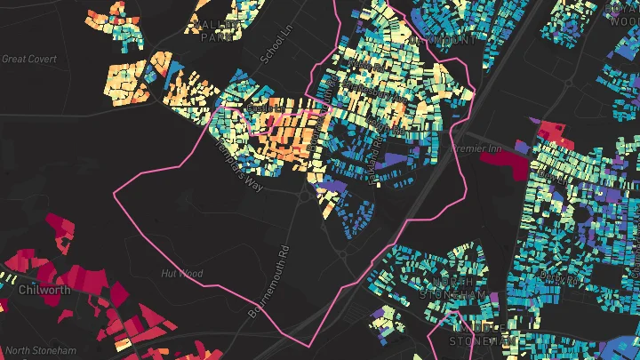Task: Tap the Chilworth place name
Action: (x=44, y=290)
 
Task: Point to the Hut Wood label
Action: (x=181, y=274)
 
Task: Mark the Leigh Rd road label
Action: (x=556, y=177)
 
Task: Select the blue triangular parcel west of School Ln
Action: (x=172, y=66)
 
